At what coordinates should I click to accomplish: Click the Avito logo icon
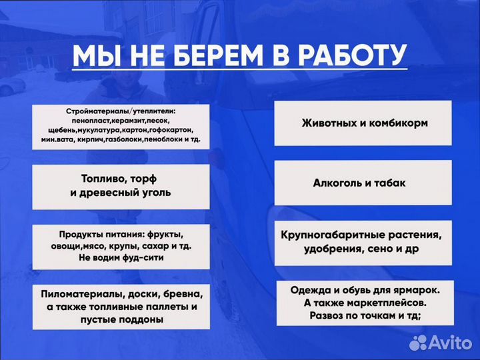tap(418, 343)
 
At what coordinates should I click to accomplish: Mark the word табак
tap(390, 183)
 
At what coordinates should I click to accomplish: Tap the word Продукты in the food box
tap(79, 235)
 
